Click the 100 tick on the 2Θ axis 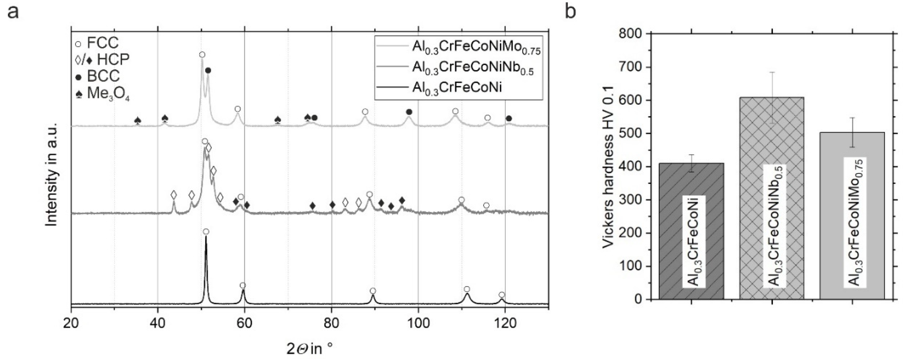coord(418,323)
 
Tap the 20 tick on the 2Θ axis coord(71,323)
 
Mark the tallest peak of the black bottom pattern coord(206,238)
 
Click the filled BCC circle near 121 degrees coord(509,119)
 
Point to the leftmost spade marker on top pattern coord(138,121)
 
